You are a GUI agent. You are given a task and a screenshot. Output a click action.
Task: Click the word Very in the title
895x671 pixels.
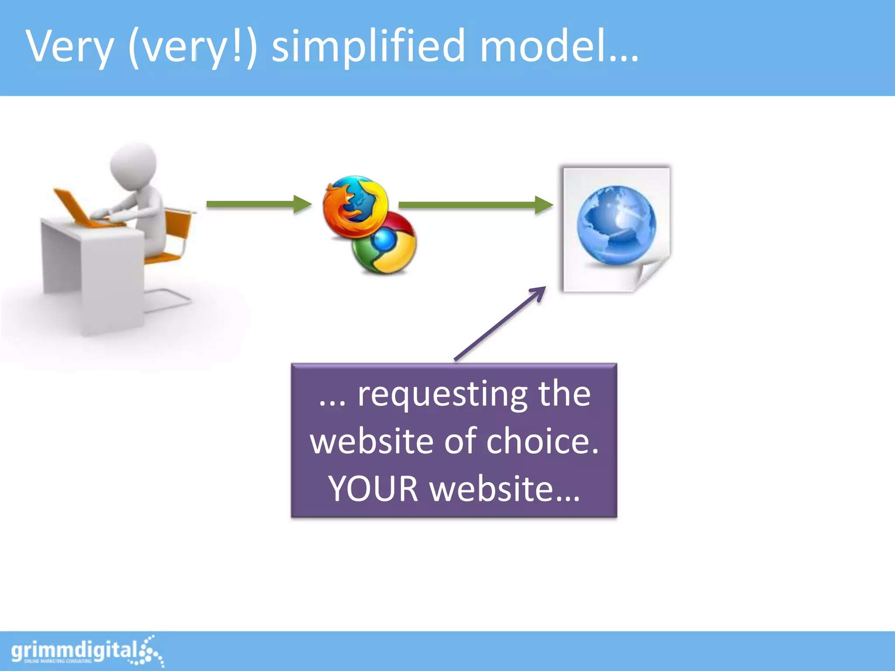click(x=70, y=46)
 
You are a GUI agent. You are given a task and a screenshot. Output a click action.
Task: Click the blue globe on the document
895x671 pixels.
click(x=616, y=225)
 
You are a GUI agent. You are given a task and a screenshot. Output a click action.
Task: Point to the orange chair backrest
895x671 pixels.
click(x=179, y=223)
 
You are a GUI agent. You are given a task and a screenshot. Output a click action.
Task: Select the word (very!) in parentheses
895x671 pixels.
click(x=192, y=46)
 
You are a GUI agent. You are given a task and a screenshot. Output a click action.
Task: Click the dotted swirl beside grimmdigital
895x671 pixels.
click(x=151, y=651)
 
